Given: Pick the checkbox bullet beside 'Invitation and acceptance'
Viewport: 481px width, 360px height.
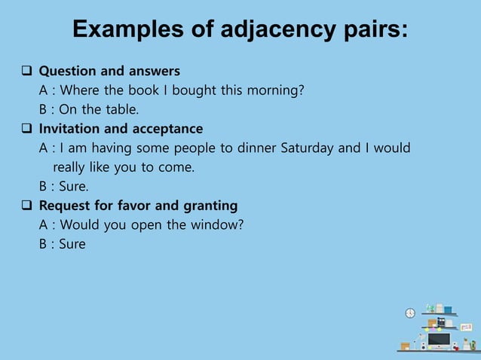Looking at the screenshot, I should point(26,129).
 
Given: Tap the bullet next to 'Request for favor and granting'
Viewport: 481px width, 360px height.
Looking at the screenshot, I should point(26,206).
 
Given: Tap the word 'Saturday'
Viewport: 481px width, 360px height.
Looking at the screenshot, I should point(308,148).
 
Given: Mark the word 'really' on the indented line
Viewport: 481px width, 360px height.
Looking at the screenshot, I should point(69,167).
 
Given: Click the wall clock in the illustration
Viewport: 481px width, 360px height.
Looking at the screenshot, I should point(410,313).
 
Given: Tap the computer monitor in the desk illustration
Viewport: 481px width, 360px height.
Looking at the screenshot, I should point(438,340).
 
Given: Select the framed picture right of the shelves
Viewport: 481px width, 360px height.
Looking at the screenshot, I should point(466,327).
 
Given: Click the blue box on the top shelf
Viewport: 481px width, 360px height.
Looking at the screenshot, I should point(448,310).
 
